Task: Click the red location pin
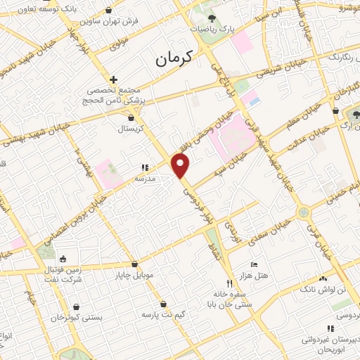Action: point(181,167)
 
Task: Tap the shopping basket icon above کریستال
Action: point(131,117)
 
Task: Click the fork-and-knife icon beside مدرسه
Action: point(144,168)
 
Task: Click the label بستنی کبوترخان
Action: point(77,318)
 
